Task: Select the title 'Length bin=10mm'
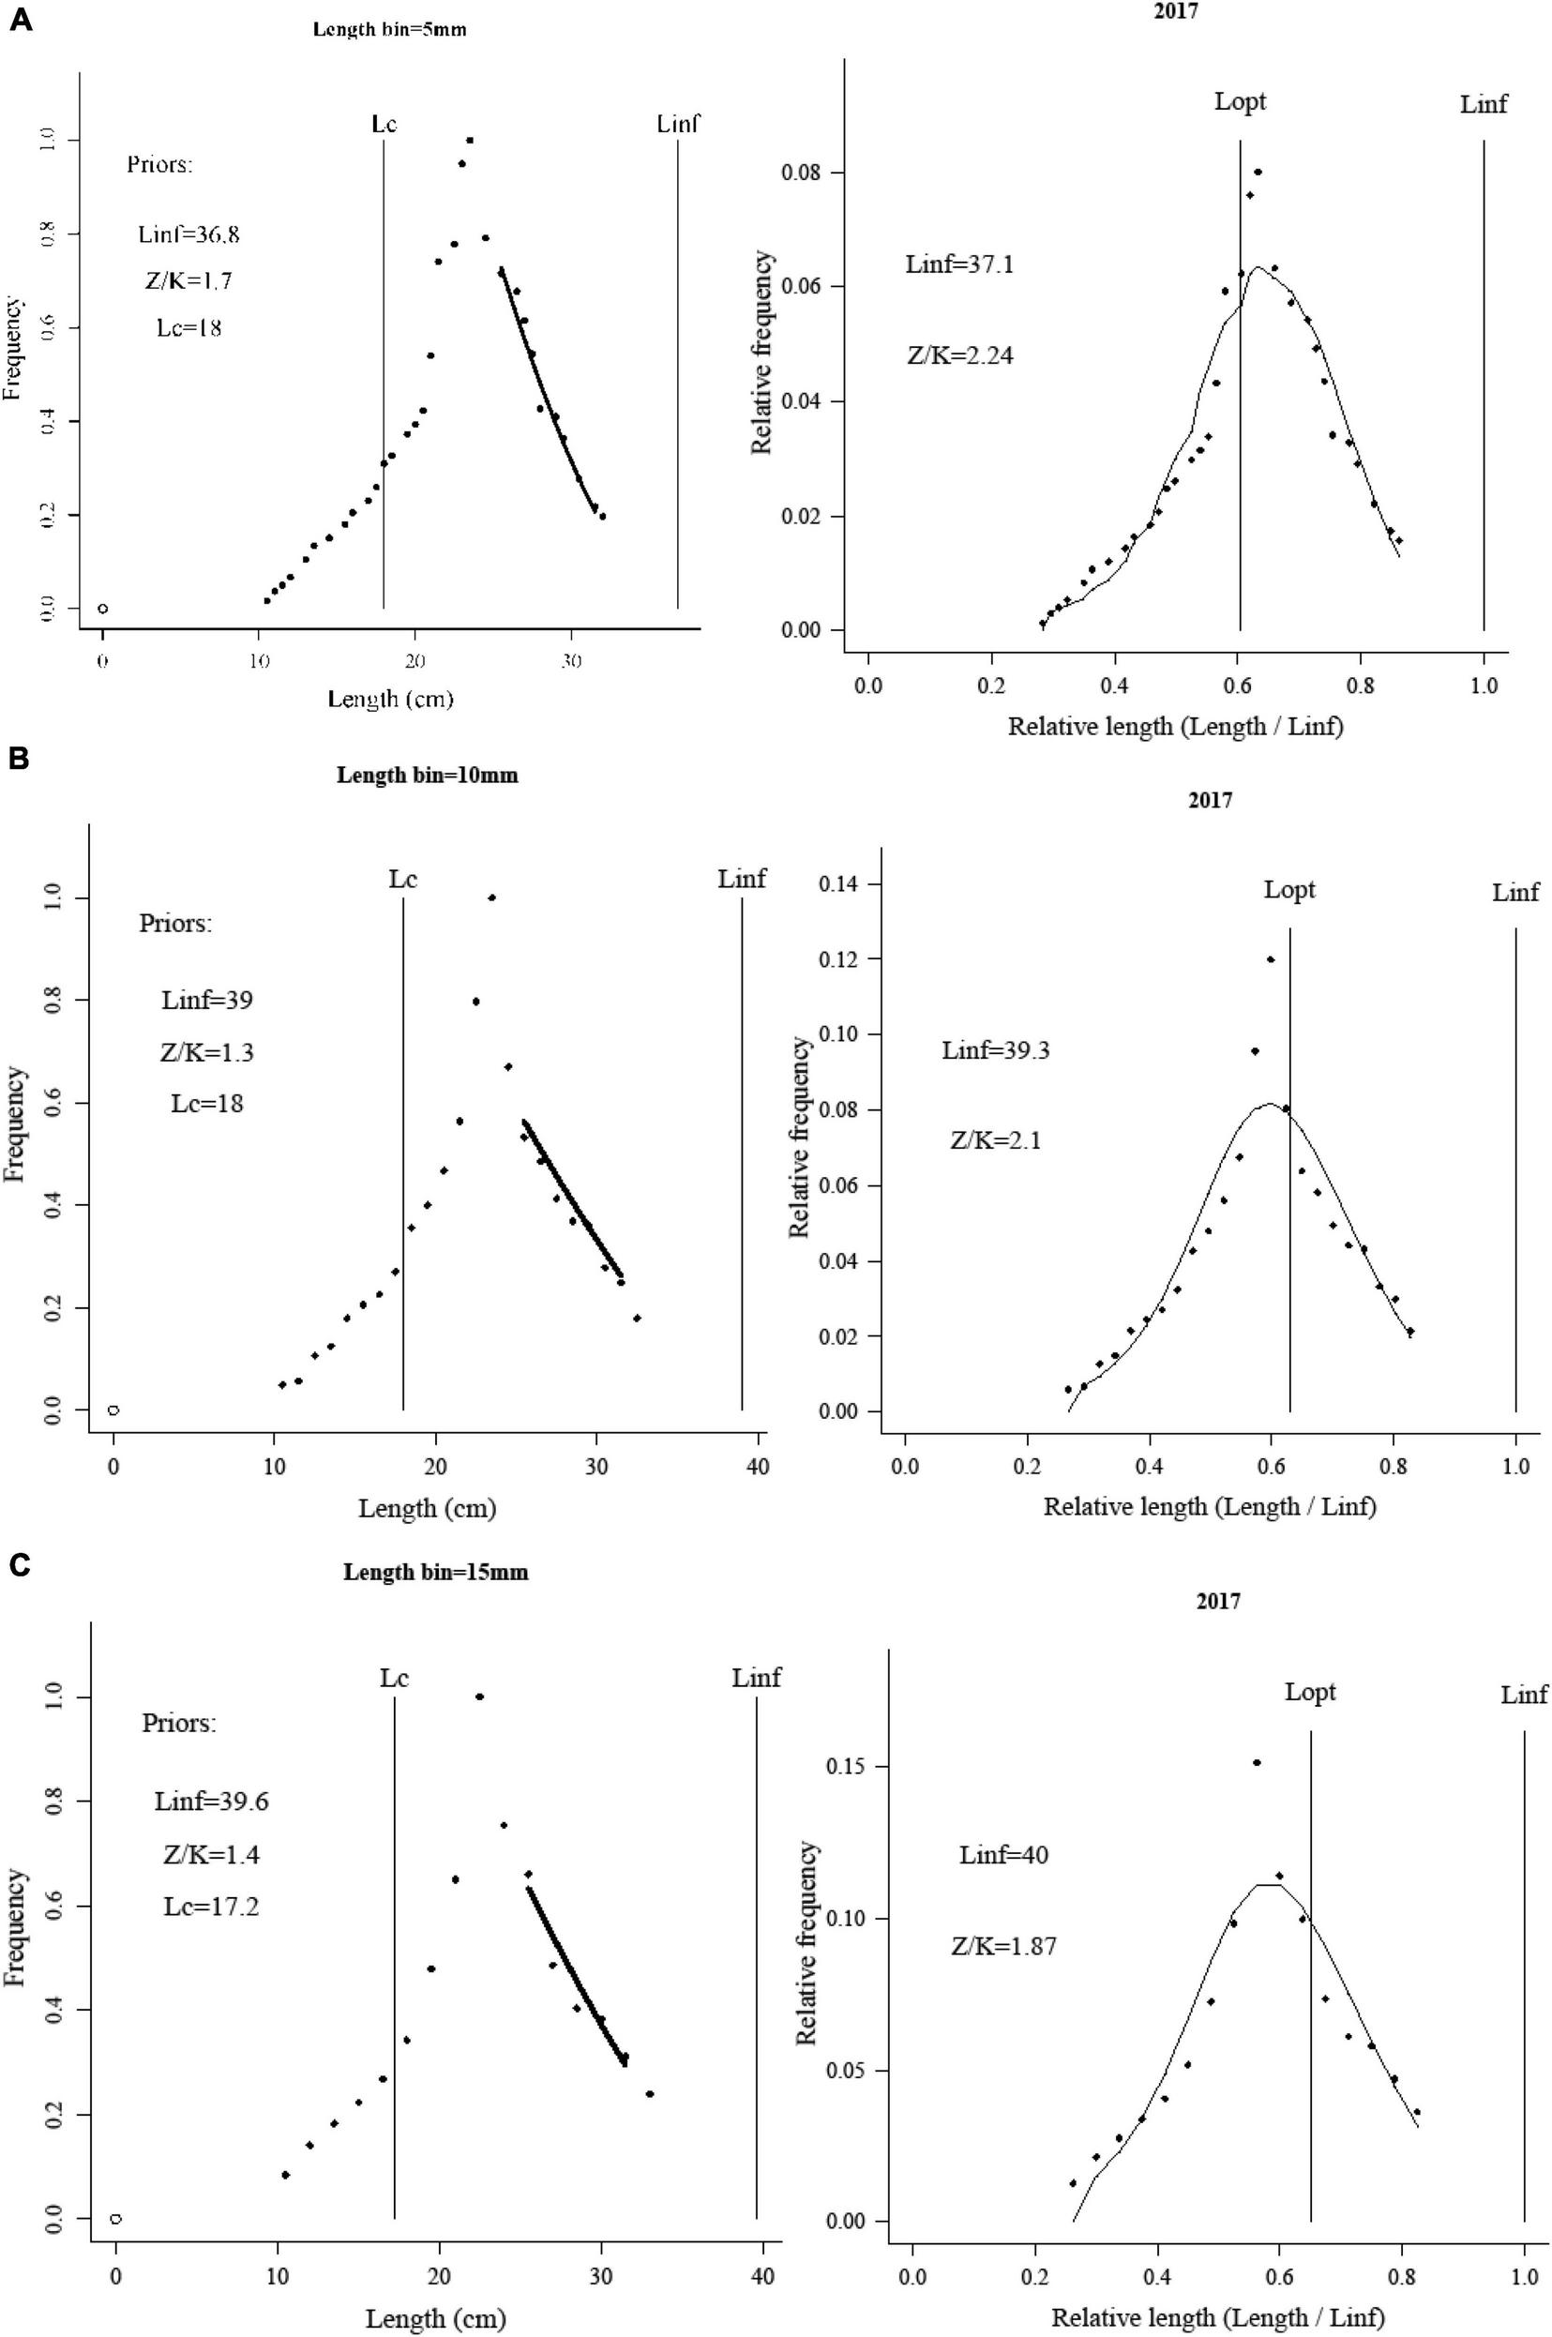(427, 776)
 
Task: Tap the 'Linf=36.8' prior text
(189, 234)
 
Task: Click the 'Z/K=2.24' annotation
(960, 355)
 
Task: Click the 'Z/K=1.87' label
(1003, 1919)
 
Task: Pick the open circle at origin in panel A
(103, 609)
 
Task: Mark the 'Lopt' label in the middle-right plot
(1288, 890)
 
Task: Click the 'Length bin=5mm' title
(389, 30)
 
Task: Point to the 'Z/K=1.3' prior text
(207, 1052)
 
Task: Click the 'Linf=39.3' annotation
(995, 1050)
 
